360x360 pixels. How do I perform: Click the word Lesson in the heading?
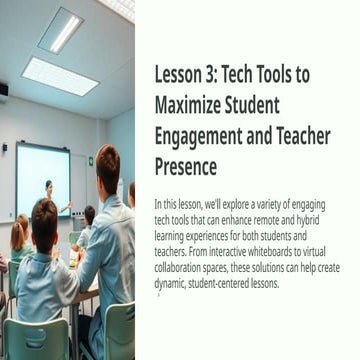tap(178, 77)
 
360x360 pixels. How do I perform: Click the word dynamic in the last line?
tap(171, 283)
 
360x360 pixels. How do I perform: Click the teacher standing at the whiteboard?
tap(49, 195)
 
